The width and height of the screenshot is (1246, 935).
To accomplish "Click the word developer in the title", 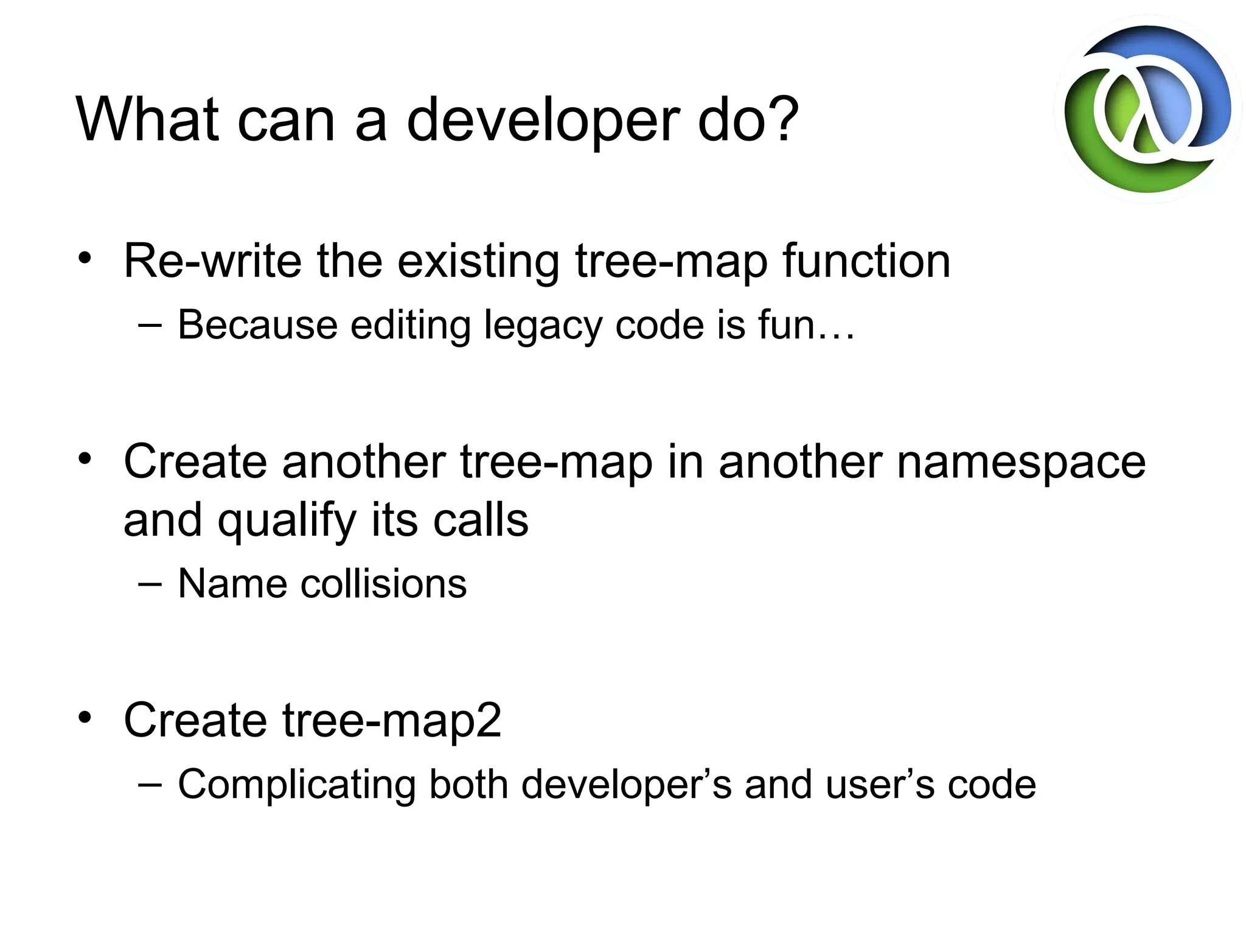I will [543, 120].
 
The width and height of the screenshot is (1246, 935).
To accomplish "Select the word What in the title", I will [147, 120].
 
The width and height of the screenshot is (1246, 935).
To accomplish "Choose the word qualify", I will [287, 522].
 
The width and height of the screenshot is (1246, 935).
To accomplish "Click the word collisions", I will [384, 584].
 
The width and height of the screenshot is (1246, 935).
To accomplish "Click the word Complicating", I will [297, 785].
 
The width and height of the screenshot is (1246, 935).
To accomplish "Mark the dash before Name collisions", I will [150, 585].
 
